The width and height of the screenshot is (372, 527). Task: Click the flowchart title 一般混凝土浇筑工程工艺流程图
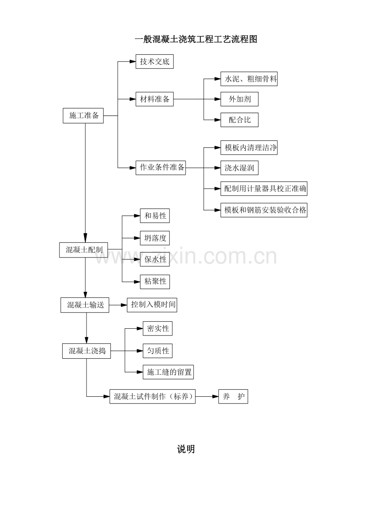pos(196,39)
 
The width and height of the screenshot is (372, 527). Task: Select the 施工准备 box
pos(83,115)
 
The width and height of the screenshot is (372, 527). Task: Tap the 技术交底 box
pos(154,62)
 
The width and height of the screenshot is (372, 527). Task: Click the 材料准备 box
pos(154,99)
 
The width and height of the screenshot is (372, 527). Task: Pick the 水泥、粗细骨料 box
pos(249,79)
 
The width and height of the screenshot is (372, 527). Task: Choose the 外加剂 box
pos(239,99)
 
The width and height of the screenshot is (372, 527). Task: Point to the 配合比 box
pos(239,120)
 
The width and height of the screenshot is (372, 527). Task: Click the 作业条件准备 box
pos(161,168)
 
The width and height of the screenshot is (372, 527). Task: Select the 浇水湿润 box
pos(239,168)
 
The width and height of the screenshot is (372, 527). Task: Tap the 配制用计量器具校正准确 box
pos(264,189)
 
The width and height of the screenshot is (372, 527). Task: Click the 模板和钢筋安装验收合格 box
pos(264,210)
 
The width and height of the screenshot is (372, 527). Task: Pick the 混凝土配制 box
pos(84,250)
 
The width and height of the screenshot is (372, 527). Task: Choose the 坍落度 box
pos(155,238)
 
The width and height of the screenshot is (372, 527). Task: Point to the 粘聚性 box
pos(155,282)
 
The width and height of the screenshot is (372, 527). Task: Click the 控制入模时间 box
pos(152,305)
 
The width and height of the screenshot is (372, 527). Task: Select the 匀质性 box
pos(158,351)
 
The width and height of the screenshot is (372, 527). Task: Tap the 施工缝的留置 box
pos(168,372)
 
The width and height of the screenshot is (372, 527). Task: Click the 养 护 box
pos(233,396)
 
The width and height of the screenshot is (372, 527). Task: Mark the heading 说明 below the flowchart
pos(186,449)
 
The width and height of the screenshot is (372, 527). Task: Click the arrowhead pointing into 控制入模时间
pos(124,305)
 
